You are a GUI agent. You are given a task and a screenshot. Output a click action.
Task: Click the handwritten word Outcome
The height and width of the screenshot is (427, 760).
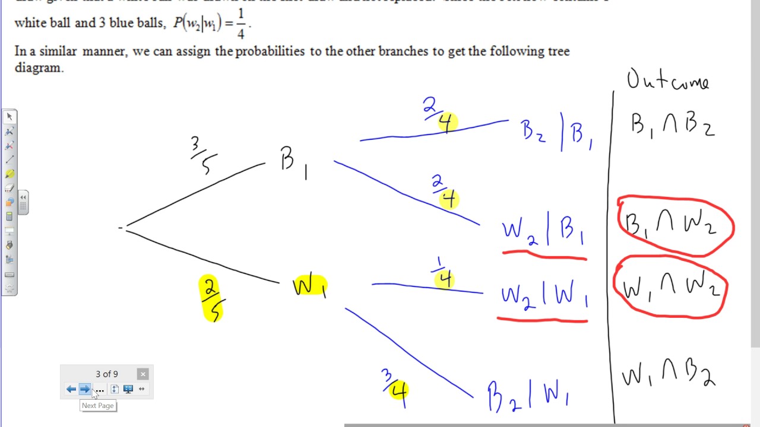click(x=668, y=81)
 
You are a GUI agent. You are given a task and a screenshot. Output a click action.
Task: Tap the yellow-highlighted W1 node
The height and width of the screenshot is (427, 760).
click(x=309, y=286)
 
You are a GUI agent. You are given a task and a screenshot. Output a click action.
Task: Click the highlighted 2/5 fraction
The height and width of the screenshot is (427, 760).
click(x=210, y=298)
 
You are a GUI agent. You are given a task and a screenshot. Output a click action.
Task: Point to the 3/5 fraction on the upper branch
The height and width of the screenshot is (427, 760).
click(x=203, y=155)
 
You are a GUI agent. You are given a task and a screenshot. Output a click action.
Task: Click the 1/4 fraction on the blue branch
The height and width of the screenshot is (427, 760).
click(x=444, y=274)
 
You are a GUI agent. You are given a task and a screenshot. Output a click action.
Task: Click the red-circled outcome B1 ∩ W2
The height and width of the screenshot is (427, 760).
click(x=675, y=225)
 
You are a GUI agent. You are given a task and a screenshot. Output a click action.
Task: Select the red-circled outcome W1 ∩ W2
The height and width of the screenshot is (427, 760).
click(x=670, y=288)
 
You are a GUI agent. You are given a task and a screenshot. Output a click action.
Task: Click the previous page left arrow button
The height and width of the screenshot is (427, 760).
click(x=71, y=389)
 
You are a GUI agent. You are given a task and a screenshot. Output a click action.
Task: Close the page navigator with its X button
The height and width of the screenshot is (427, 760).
click(x=142, y=374)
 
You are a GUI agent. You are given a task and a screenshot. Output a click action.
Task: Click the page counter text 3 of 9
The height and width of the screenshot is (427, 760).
click(x=107, y=374)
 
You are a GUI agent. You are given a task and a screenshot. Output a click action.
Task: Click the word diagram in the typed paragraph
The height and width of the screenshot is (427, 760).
click(x=39, y=68)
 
